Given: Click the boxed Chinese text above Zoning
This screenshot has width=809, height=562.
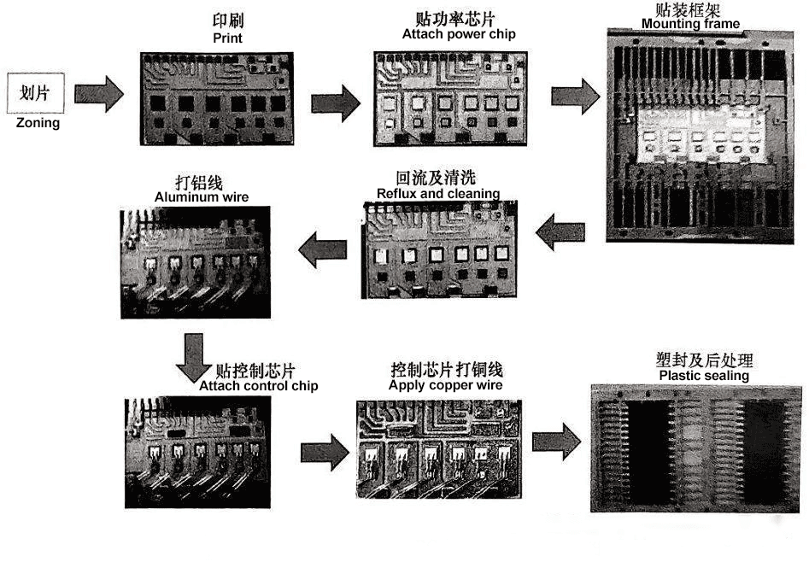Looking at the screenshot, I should (36, 92).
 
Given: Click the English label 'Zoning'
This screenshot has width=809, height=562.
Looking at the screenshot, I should (38, 123).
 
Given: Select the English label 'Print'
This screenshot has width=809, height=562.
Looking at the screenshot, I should (227, 38).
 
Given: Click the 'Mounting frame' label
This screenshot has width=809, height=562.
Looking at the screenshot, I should (690, 24).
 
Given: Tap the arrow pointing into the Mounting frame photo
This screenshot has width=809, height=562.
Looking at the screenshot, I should (573, 96).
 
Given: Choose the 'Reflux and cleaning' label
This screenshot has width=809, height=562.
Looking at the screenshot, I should (438, 194).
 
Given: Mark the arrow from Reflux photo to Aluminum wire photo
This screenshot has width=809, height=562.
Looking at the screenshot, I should (321, 249).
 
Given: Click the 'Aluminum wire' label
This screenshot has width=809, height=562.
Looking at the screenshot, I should (202, 197).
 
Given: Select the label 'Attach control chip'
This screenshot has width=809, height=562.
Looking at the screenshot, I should (258, 386).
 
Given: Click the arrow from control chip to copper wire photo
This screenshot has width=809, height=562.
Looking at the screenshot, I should (325, 452).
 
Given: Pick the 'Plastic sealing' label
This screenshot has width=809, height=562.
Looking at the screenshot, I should (704, 376).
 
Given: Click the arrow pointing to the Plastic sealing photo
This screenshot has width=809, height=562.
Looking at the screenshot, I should (556, 442).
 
